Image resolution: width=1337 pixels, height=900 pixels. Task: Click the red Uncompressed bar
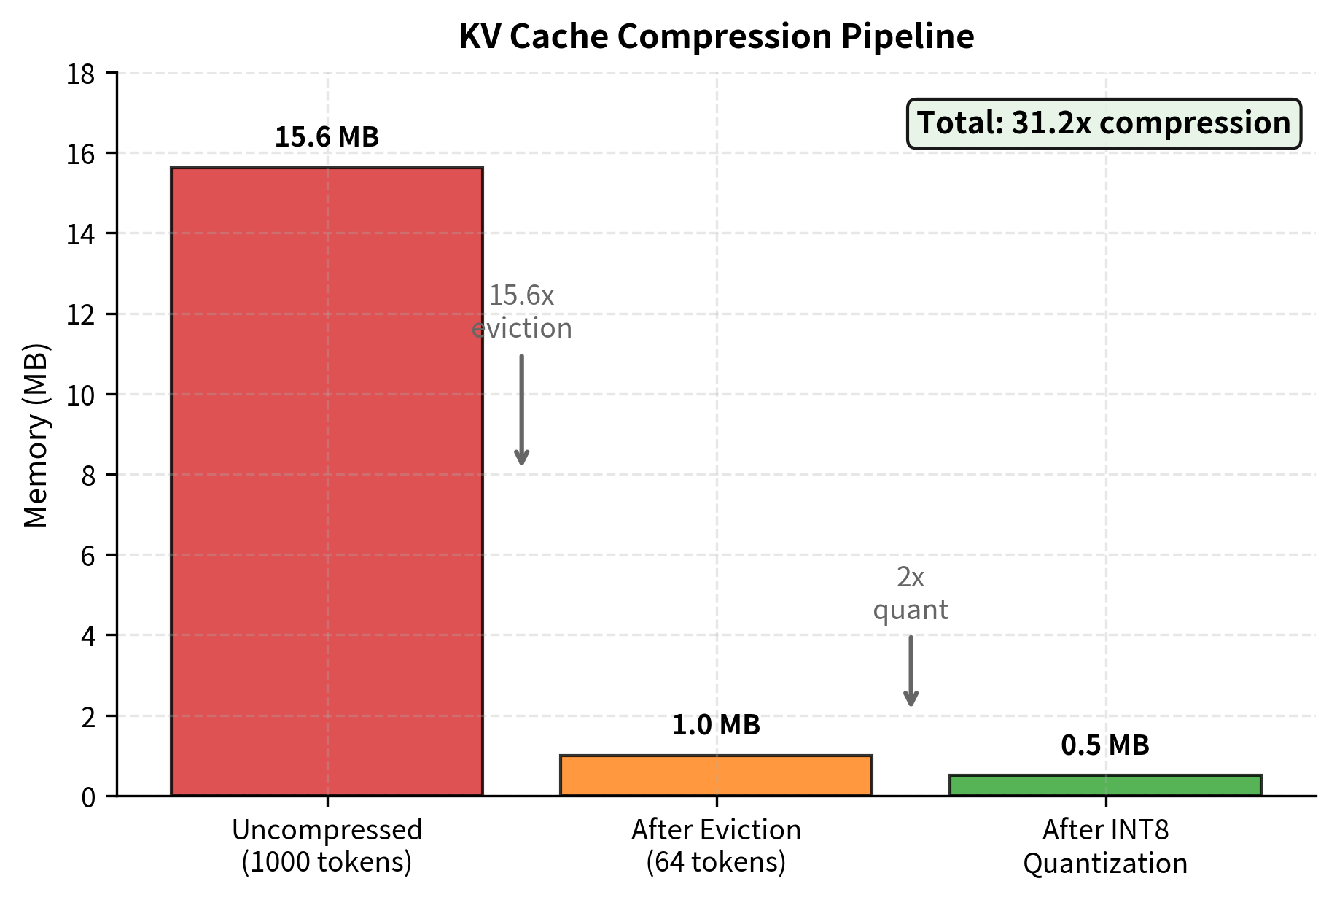coord(327,481)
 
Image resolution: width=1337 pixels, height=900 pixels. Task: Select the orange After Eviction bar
coord(716,775)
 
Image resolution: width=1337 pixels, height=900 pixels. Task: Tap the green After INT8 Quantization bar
coord(1105,785)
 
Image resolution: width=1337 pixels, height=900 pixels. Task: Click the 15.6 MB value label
coord(327,137)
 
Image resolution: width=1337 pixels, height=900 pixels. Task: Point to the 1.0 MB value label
coord(716,725)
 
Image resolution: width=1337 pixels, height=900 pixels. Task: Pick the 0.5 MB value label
coord(1105,745)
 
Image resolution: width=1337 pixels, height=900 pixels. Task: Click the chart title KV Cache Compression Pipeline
coord(716,36)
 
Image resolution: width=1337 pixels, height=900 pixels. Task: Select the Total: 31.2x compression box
coord(1104,123)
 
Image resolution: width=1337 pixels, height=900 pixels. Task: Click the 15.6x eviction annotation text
coord(521,312)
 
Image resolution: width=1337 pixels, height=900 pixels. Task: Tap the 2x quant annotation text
coord(911,594)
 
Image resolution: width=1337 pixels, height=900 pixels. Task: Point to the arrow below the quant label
coord(911,671)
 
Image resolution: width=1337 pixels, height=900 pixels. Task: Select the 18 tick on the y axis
coord(81,74)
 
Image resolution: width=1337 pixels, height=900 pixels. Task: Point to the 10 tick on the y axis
coord(81,395)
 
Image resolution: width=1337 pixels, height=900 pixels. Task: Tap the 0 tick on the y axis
coord(88,797)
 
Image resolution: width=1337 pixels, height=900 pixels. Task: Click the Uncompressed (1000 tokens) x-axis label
coord(327,846)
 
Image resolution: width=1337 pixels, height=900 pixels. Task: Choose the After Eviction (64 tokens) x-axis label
coord(716,846)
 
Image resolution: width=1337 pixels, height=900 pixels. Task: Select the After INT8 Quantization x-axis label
coord(1105,846)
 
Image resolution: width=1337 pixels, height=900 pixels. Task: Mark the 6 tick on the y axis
coord(88,556)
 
